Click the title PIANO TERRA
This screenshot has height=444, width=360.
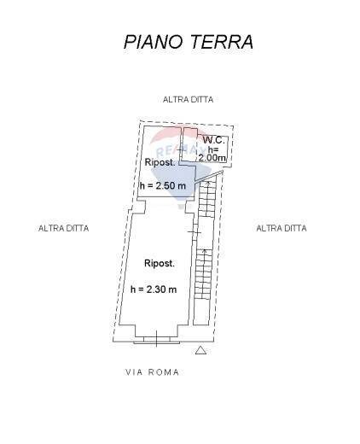coord(188,42)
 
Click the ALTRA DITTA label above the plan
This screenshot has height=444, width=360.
coord(188,100)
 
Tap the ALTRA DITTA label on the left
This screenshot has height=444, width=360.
coord(64,228)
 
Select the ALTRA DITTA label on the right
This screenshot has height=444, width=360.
coord(282,228)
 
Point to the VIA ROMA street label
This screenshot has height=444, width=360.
coord(152,372)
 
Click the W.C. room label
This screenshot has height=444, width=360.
coord(212,139)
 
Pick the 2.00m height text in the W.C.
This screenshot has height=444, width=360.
coord(212,158)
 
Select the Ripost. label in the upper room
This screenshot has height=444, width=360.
coord(160,162)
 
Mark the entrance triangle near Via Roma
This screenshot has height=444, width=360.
coord(200,350)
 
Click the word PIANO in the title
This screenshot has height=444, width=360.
coord(147,42)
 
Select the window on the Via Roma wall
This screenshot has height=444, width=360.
coord(157,340)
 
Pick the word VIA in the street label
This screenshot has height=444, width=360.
coord(134,372)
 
